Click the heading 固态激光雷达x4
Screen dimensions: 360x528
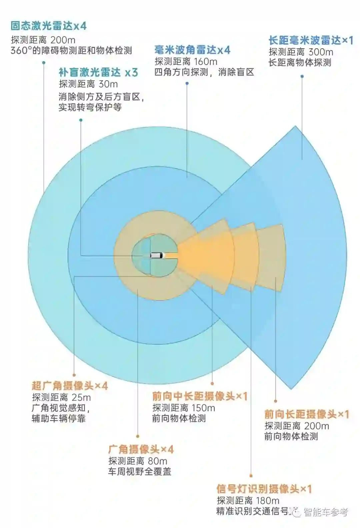[49, 26]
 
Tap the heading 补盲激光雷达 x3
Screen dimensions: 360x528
[98, 72]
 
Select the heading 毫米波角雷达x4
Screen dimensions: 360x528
[192, 50]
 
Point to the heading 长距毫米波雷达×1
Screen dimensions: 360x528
[311, 41]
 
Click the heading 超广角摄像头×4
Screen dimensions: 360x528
[70, 386]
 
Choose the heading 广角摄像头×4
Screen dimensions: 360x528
[141, 449]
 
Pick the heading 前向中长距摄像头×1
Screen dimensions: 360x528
[200, 396]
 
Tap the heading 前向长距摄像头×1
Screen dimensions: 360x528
[307, 414]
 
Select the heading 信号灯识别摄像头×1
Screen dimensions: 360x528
[264, 489]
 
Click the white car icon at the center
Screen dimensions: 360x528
[157, 256]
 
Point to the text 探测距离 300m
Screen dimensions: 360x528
[301, 52]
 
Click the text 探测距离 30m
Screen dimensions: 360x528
[88, 84]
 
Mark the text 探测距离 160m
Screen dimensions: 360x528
[186, 62]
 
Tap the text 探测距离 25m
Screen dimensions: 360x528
[61, 397]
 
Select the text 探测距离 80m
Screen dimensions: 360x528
[138, 461]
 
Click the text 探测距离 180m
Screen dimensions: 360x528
[248, 500]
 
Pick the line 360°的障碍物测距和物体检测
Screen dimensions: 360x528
[71, 51]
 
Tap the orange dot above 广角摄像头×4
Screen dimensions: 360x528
[138, 436]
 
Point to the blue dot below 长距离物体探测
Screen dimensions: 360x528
[302, 76]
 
